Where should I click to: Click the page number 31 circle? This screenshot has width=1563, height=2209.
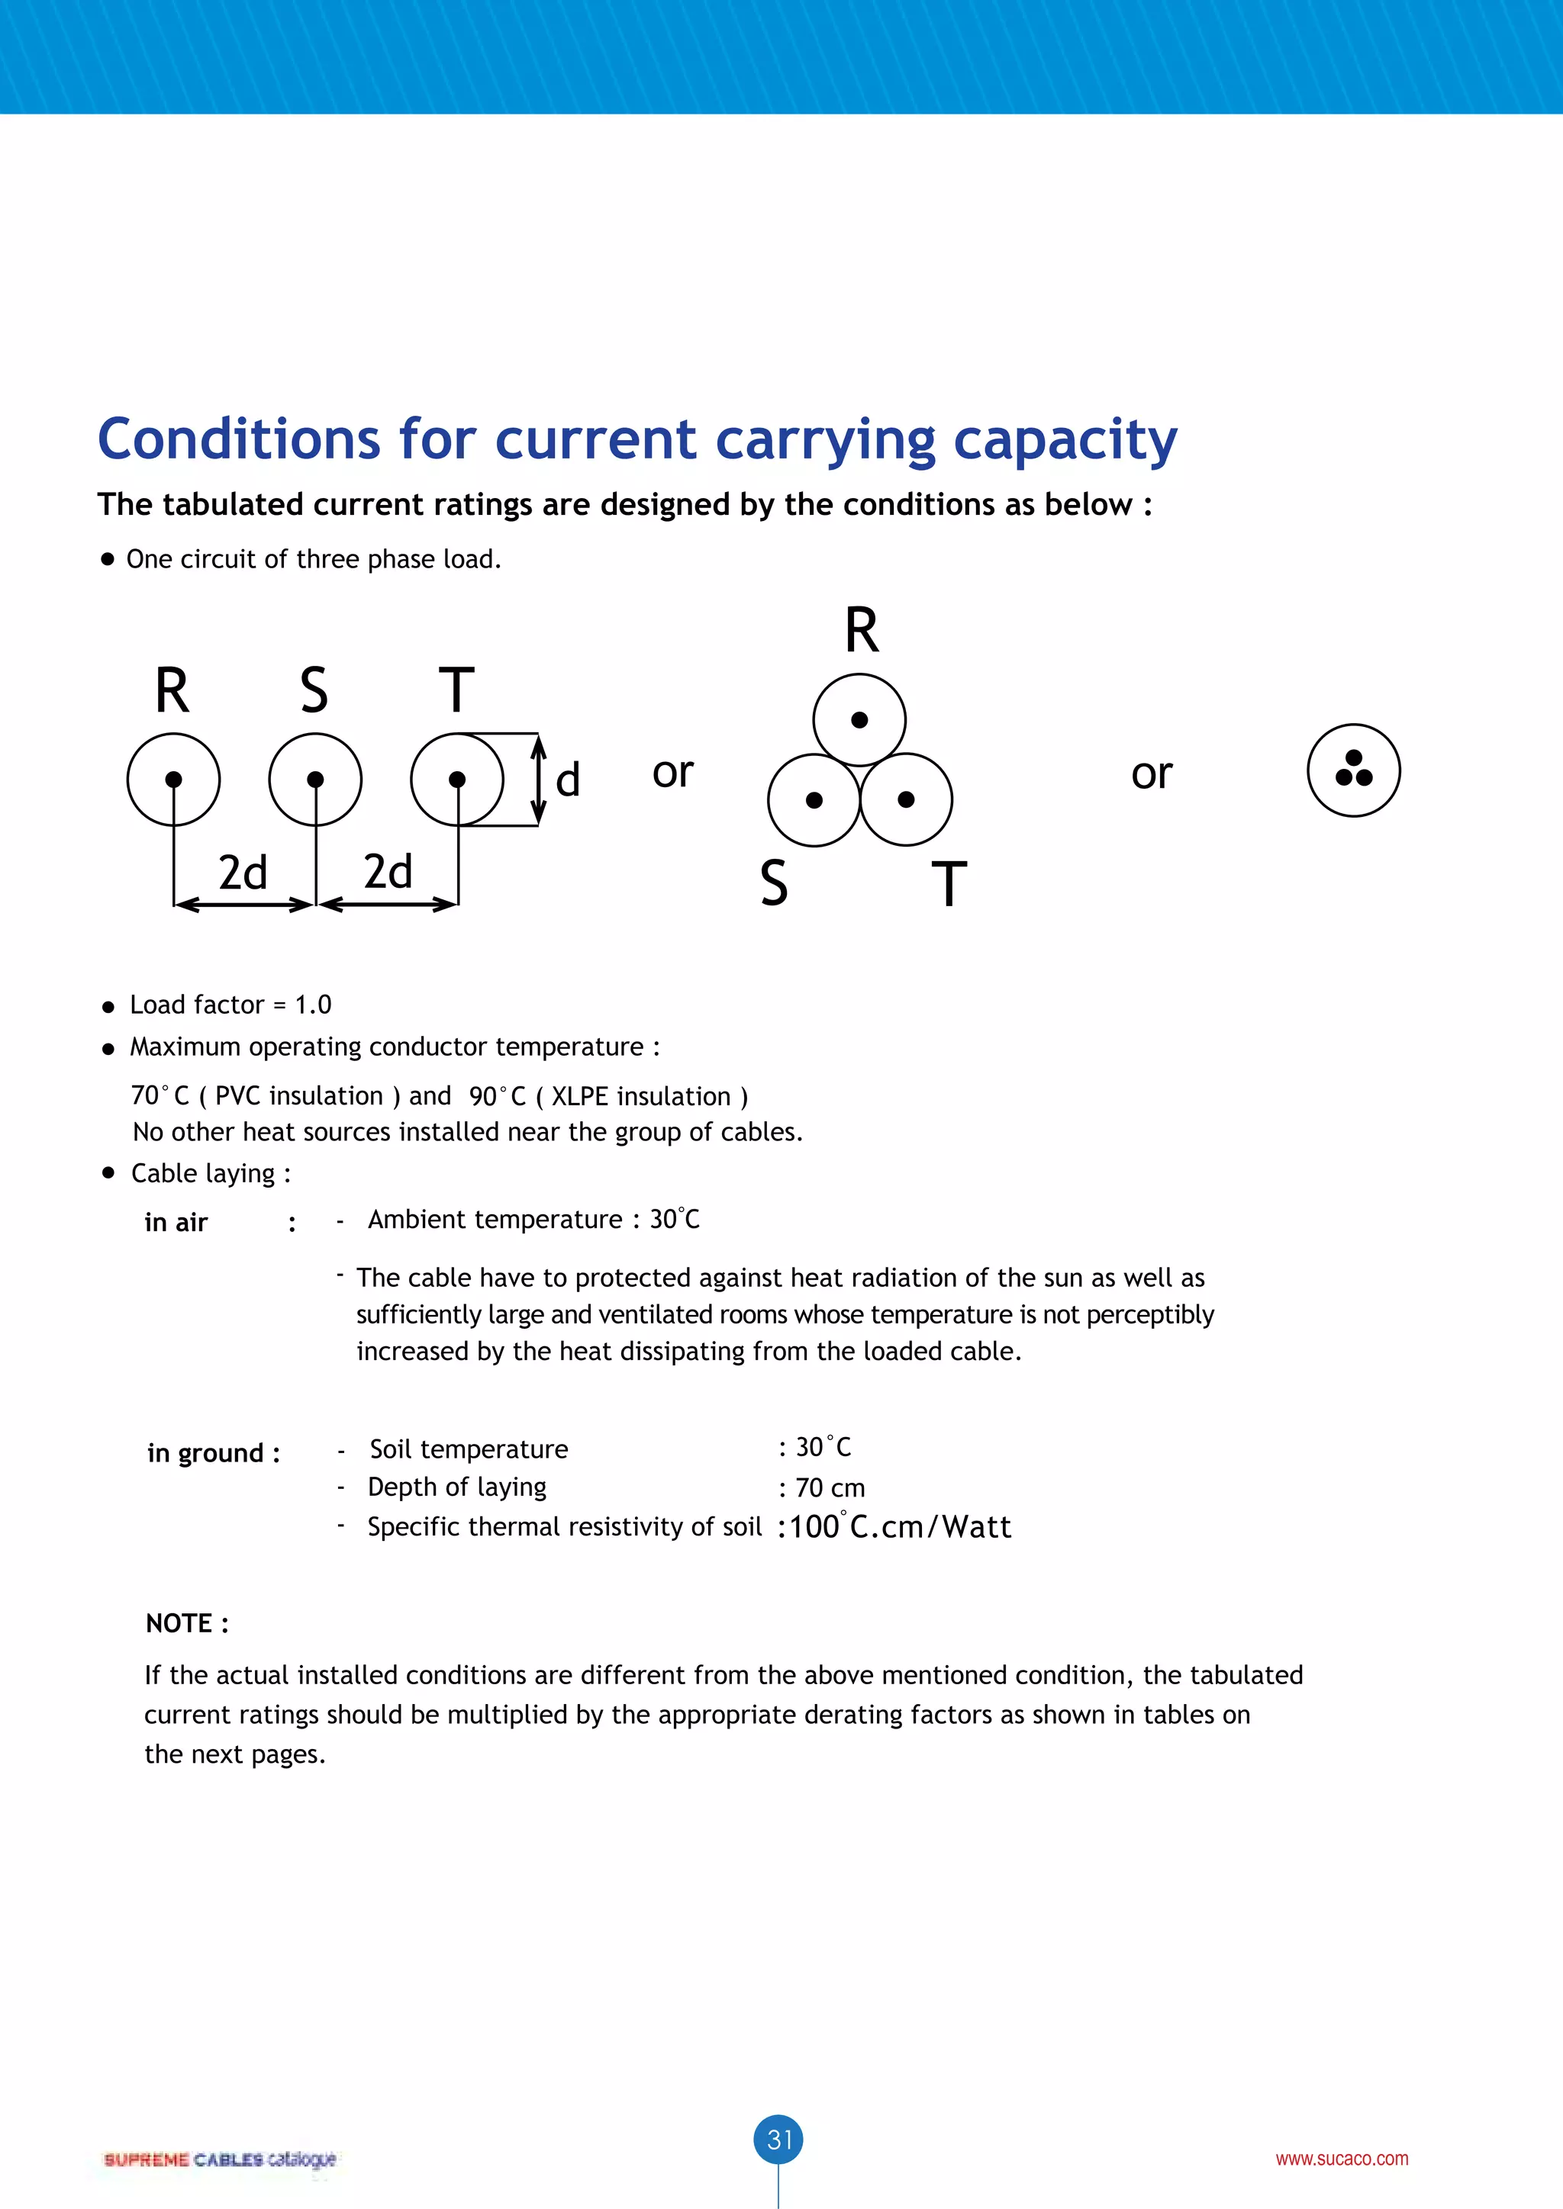tap(778, 2139)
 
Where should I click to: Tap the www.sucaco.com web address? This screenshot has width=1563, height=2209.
tap(1342, 2158)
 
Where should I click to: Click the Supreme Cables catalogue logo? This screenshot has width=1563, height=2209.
tap(220, 2158)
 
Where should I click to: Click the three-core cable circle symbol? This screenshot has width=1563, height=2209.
tap(1353, 770)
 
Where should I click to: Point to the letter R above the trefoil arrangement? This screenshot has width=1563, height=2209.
tap(862, 631)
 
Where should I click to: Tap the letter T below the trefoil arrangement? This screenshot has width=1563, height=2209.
tap(949, 884)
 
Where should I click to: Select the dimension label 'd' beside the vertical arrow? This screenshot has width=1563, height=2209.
tap(568, 780)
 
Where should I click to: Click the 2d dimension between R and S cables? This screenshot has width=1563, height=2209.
tap(243, 873)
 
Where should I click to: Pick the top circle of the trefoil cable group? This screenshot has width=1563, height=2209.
tap(859, 719)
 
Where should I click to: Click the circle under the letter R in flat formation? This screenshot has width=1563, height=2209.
tap(173, 780)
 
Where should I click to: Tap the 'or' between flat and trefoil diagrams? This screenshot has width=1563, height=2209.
tap(672, 772)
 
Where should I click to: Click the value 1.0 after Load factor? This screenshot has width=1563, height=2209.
tap(313, 1005)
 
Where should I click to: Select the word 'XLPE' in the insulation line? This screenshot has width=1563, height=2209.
tap(579, 1097)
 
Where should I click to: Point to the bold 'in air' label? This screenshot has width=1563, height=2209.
tap(176, 1223)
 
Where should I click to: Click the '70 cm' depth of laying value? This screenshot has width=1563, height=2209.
tap(830, 1488)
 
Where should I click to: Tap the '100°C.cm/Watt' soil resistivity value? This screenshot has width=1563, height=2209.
tap(900, 1527)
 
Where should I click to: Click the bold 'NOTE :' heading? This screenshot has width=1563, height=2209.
tap(188, 1623)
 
